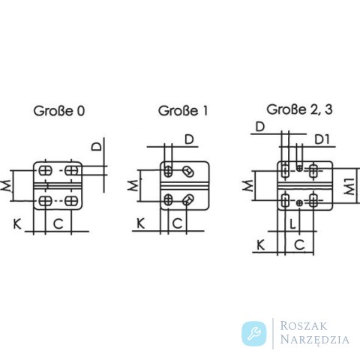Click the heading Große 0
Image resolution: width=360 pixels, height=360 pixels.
pos(59,111)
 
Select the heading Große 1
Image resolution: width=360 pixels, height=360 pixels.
pos(183,111)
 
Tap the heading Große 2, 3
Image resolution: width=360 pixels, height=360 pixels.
pos(299,109)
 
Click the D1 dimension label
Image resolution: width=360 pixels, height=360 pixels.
pos(322,139)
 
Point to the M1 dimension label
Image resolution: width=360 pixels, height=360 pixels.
pos(349,187)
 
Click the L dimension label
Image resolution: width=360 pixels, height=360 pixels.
pos(292,223)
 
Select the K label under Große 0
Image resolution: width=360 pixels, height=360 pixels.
pos(17,224)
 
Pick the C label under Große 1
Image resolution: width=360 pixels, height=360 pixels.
pos(177,223)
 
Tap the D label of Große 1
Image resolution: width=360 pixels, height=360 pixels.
pos(189,139)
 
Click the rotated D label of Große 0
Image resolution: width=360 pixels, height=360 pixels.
pos(97,146)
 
